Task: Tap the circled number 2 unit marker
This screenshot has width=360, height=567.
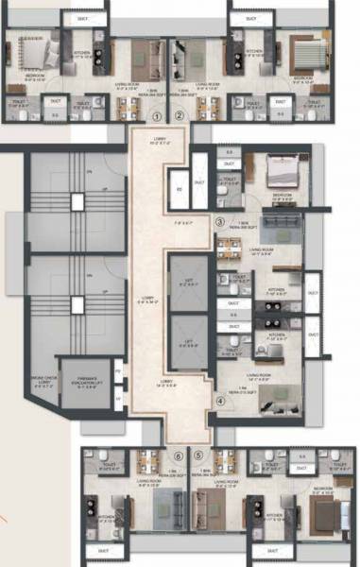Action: tap(180, 115)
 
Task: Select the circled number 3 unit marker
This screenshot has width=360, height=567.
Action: tap(219, 222)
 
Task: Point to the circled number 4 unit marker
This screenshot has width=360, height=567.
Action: tap(219, 400)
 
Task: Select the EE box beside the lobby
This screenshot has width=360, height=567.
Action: tap(179, 189)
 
